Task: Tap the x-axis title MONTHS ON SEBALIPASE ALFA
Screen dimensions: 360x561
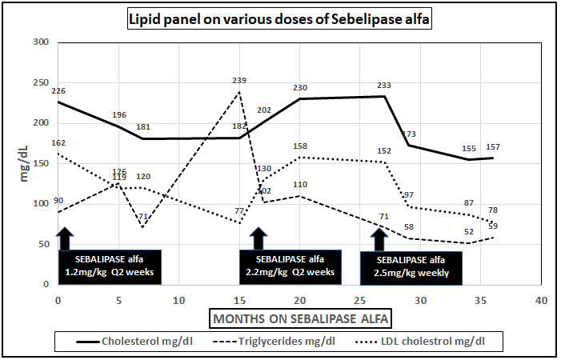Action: [x=303, y=318]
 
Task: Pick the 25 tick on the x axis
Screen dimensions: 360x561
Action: [x=420, y=300]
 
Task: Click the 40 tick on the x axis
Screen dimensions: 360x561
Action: [x=541, y=300]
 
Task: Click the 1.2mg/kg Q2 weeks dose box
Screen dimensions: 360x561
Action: [x=110, y=266]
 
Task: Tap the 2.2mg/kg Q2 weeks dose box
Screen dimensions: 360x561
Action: [x=290, y=266]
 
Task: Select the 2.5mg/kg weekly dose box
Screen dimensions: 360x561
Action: [x=411, y=266]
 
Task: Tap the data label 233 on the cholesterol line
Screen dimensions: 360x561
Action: [x=385, y=85]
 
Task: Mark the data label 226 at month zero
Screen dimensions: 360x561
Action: [x=58, y=91]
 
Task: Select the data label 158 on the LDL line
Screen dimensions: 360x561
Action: [x=301, y=146]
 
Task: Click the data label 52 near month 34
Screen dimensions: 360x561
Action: [x=469, y=232]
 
